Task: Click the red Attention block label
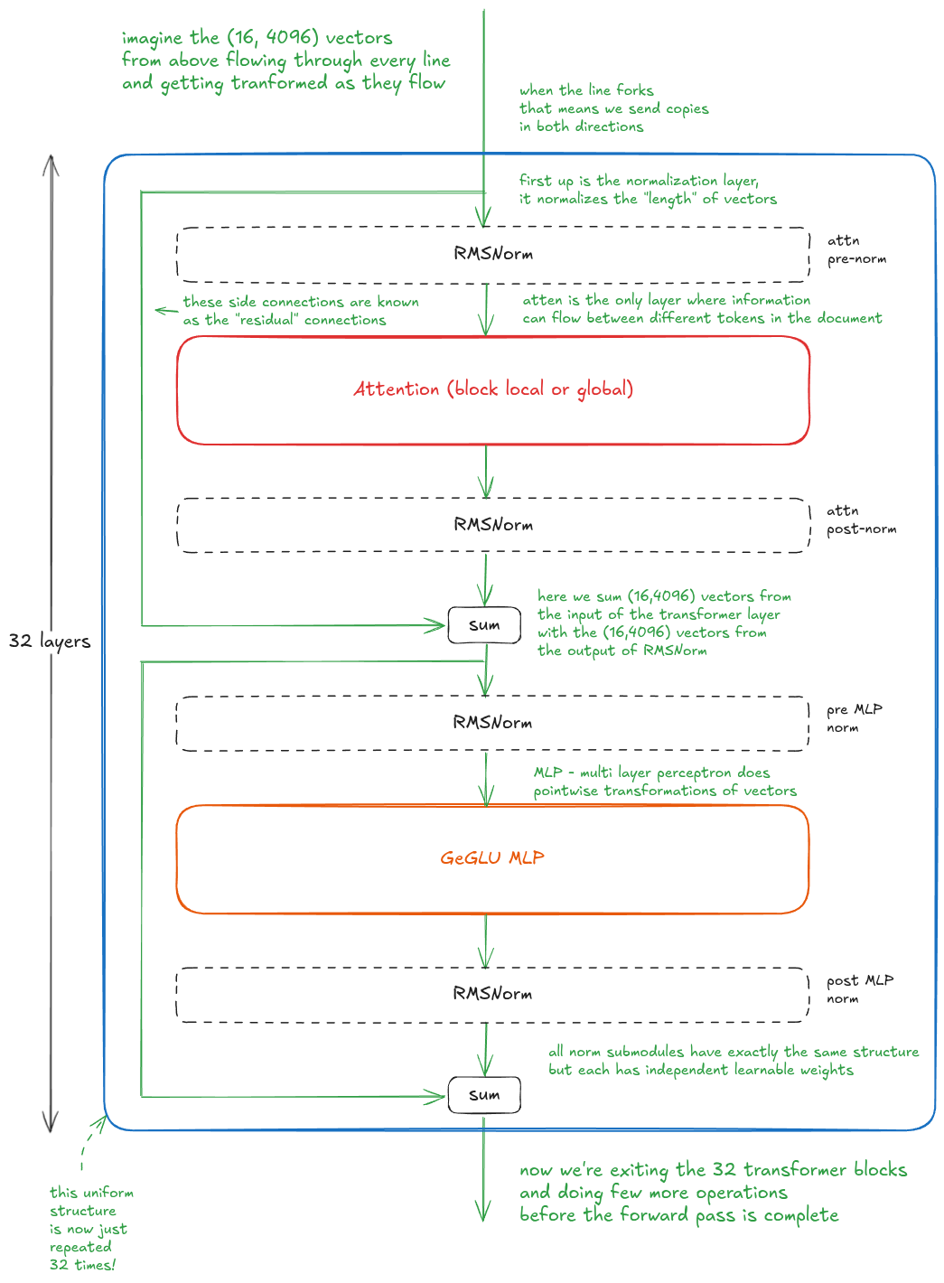[x=492, y=389]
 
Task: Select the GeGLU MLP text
[x=492, y=858]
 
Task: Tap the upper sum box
[x=484, y=625]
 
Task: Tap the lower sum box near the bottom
[x=484, y=1094]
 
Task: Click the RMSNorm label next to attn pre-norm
[x=492, y=253]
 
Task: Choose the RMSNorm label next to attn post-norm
[x=492, y=524]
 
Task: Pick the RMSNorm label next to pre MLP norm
[x=492, y=722]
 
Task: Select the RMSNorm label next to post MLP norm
[x=492, y=993]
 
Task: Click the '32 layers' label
[x=50, y=641]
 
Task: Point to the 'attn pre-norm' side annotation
[x=856, y=249]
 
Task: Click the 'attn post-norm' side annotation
[x=861, y=520]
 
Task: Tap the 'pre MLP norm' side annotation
[x=854, y=718]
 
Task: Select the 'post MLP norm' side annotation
[x=859, y=989]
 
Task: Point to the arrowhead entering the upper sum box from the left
[x=435, y=625]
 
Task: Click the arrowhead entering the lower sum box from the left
[x=435, y=1097]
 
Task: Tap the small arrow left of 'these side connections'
[x=166, y=311]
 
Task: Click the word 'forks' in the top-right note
[x=635, y=90]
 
